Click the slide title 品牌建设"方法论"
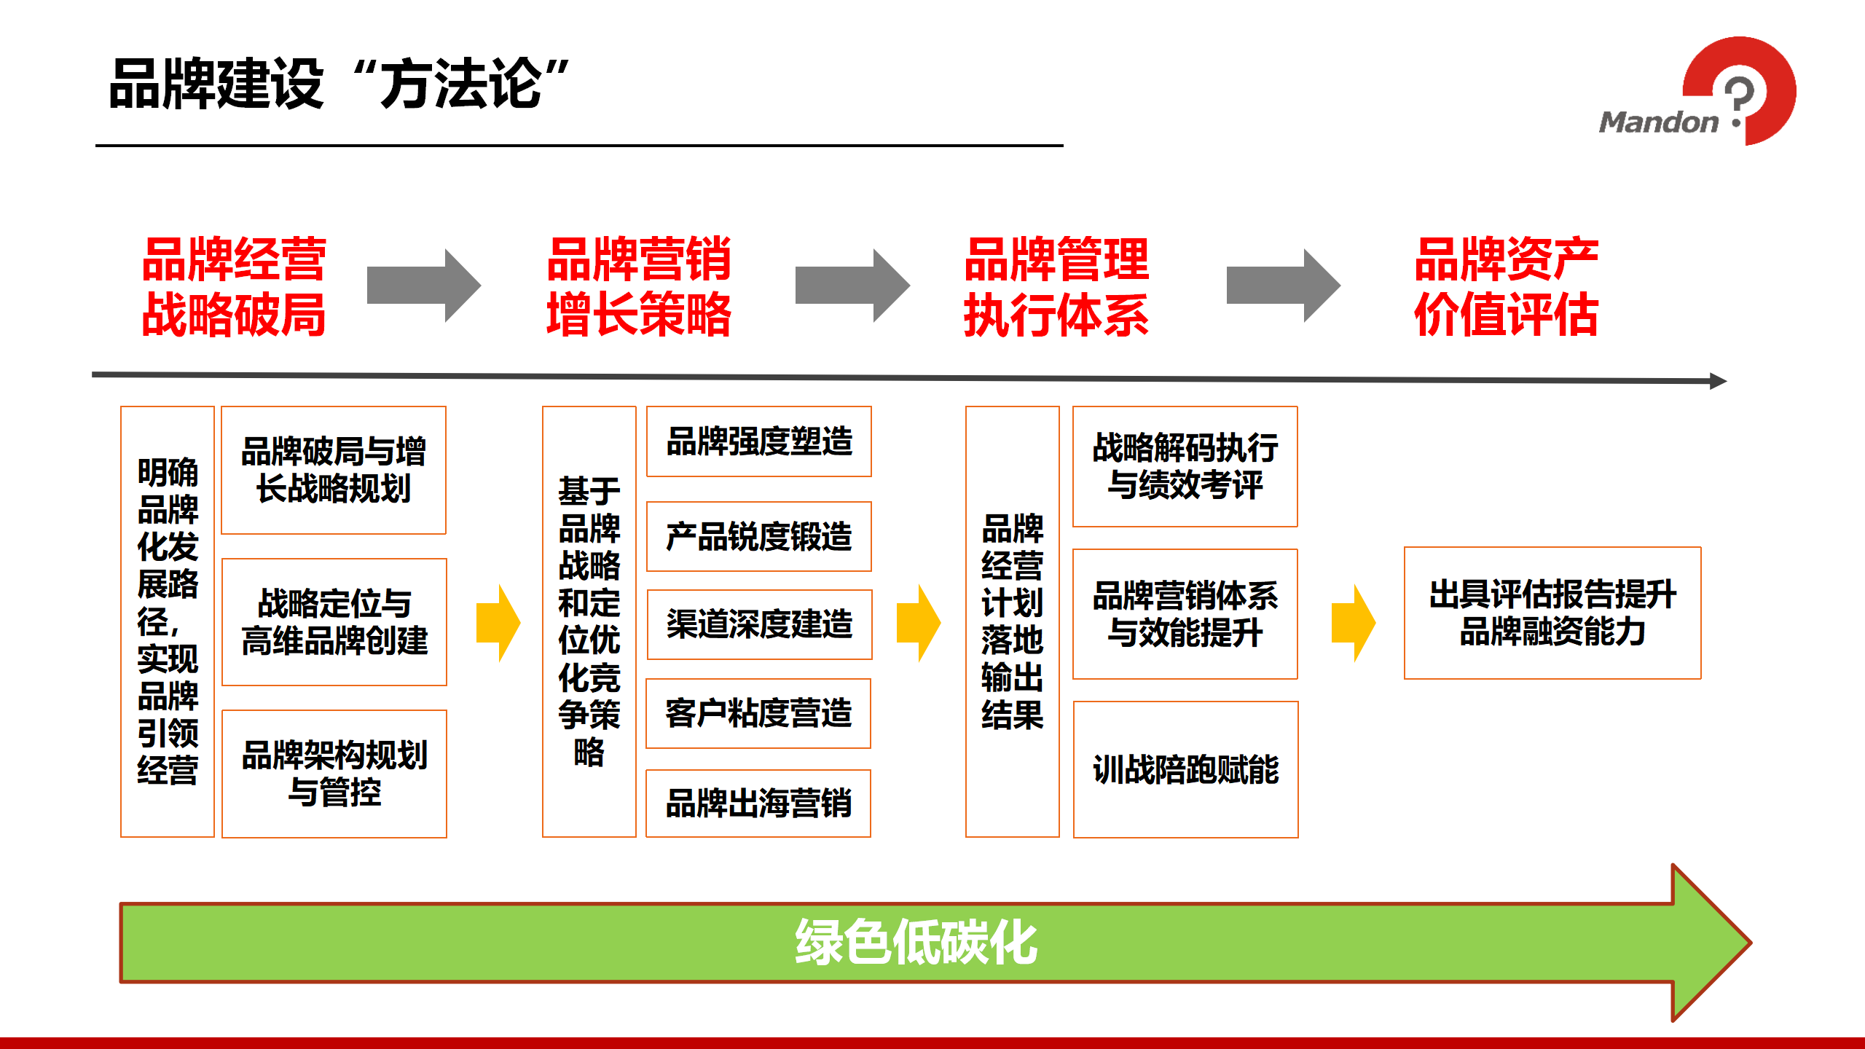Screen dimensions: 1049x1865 coord(339,84)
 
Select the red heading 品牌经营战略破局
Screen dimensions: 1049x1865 coord(233,287)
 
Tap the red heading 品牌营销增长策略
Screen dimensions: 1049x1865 coord(639,287)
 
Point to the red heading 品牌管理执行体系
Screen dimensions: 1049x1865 coord(1056,287)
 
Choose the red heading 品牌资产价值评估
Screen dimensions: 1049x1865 coord(1506,287)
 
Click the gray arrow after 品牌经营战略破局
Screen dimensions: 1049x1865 coord(423,286)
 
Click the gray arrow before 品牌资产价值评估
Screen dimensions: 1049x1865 coord(1282,286)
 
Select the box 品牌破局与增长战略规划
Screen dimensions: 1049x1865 coord(334,470)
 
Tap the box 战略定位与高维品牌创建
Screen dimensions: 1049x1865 coord(334,621)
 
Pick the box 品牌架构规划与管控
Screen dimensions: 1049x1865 coord(334,773)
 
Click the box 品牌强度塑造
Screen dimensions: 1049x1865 coord(759,441)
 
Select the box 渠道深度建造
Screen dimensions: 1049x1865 coord(759,624)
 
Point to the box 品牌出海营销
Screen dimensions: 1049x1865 coord(758,803)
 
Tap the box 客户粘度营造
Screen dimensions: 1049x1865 coord(758,713)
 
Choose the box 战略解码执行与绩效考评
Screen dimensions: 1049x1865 coord(1185,466)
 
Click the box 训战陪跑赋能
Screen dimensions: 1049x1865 coord(1185,769)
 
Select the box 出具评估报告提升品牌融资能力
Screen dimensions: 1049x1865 coord(1552,613)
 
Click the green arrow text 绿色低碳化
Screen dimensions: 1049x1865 coord(916,943)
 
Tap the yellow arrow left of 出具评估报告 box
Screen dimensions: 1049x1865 coord(1353,623)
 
